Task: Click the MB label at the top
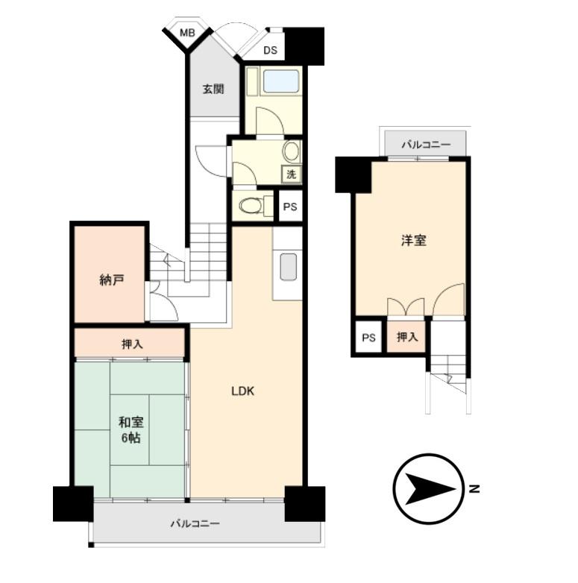pyautogui.click(x=187, y=33)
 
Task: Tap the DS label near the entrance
pyautogui.click(x=271, y=50)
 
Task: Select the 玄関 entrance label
pyautogui.click(x=213, y=89)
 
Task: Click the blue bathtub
pyautogui.click(x=281, y=81)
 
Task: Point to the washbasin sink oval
pyautogui.click(x=292, y=151)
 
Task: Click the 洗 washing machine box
pyautogui.click(x=291, y=174)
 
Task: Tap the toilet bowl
pyautogui.click(x=251, y=205)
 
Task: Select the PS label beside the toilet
pyautogui.click(x=290, y=207)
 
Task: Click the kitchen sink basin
pyautogui.click(x=289, y=267)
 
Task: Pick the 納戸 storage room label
pyautogui.click(x=112, y=280)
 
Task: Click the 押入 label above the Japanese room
pyautogui.click(x=132, y=344)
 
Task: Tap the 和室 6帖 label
pyautogui.click(x=131, y=430)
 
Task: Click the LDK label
pyautogui.click(x=243, y=391)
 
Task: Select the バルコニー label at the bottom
pyautogui.click(x=195, y=524)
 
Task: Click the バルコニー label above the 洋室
pyautogui.click(x=426, y=145)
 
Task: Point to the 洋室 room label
pyautogui.click(x=414, y=241)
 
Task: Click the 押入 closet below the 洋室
pyautogui.click(x=406, y=337)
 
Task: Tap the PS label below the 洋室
pyautogui.click(x=368, y=338)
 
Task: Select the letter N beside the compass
pyautogui.click(x=474, y=489)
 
